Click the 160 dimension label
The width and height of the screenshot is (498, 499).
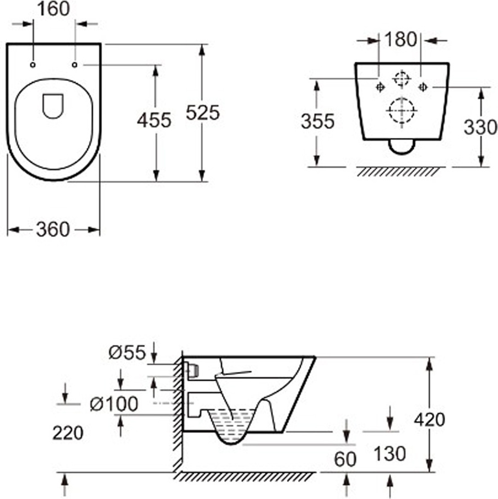click(53, 9)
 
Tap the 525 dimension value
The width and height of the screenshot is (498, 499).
click(203, 112)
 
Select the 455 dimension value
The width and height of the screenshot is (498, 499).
click(154, 120)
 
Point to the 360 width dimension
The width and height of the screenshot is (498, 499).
click(53, 229)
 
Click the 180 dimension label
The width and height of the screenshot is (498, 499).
click(400, 40)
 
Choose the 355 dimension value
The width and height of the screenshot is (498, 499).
click(318, 121)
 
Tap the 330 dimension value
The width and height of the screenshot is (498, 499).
click(480, 127)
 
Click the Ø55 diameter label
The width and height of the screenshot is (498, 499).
click(127, 352)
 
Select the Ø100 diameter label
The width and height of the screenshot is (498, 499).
click(114, 404)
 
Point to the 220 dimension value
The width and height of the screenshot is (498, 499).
click(68, 433)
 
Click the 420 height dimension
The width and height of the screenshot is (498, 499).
click(430, 419)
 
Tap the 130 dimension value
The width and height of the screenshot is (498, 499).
click(389, 453)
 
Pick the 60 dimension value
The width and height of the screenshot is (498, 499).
click(345, 459)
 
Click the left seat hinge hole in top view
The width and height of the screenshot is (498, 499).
click(33, 65)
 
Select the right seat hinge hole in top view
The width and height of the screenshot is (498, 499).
click(74, 65)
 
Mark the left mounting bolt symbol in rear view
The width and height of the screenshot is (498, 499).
click(380, 87)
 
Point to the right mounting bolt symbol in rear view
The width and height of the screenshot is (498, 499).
click(423, 87)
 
